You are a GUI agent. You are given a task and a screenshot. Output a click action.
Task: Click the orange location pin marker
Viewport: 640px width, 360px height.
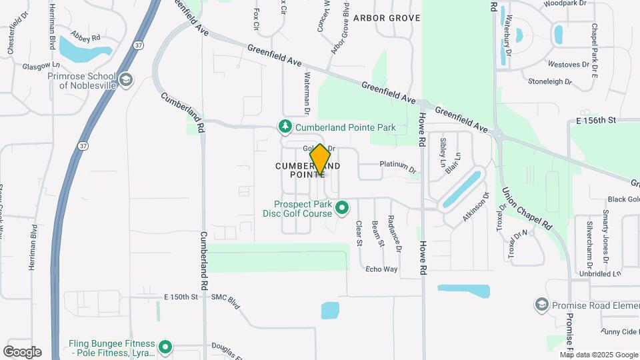[321, 160]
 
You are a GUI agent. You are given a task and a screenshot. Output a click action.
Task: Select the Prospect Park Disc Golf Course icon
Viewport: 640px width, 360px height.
[343, 209]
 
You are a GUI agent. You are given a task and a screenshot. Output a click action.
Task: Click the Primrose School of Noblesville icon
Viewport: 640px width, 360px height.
[125, 81]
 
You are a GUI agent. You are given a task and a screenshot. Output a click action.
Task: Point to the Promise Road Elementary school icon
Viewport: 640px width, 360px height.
[541, 305]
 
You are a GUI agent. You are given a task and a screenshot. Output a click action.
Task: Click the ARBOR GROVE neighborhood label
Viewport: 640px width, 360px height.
[387, 18]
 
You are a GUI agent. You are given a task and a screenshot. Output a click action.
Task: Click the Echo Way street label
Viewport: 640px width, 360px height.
[381, 269]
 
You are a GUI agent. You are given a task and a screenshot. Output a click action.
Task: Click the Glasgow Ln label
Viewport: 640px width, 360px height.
[41, 66]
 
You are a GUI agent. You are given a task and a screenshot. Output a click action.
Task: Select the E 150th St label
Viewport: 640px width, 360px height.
[181, 296]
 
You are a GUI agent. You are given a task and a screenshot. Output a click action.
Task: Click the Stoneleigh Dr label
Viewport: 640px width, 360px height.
[550, 82]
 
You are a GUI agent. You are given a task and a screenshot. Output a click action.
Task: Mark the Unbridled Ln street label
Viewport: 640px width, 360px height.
[599, 273]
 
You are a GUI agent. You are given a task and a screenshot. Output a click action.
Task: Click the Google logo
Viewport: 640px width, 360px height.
[22, 352]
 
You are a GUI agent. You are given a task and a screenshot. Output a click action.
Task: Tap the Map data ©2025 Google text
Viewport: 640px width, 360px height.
[599, 355]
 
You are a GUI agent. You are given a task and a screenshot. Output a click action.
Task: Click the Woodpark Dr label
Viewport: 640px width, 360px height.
[564, 3]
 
